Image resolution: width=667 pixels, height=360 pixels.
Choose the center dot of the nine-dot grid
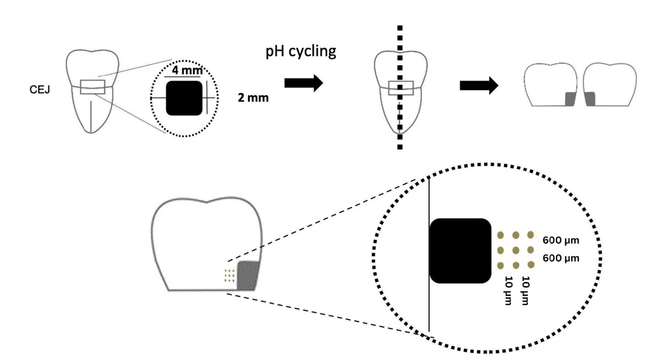tap(516, 250)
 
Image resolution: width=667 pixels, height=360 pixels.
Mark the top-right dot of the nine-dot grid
tap(531, 235)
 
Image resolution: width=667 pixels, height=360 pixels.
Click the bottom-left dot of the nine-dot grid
tap(500, 266)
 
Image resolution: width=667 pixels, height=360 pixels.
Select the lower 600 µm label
tap(561, 259)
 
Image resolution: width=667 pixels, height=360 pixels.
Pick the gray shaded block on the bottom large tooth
tap(248, 275)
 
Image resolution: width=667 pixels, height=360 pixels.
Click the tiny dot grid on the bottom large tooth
tap(229, 276)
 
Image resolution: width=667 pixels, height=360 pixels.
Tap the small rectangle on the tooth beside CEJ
tap(92, 87)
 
